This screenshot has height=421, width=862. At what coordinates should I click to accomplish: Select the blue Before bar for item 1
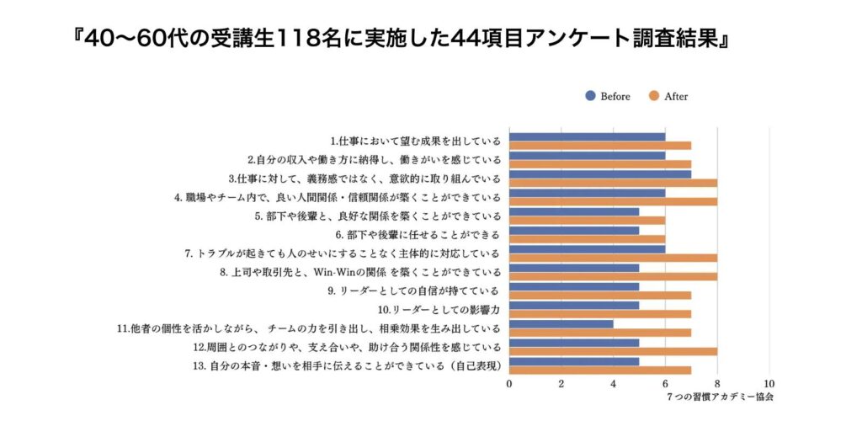pos(587,136)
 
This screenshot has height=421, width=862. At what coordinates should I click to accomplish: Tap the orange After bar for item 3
pos(613,183)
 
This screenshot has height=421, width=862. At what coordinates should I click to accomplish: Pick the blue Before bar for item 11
pos(561,323)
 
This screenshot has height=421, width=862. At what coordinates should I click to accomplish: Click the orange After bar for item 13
pos(600,370)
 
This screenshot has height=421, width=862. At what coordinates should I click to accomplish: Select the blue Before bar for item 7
pos(587,248)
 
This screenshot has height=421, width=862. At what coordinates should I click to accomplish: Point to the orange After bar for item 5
pos(587,221)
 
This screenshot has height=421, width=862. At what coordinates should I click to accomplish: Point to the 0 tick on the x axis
pos(509,384)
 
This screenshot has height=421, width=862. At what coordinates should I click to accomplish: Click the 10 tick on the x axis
pos(769,384)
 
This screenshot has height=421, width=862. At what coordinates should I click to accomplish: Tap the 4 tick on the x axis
pos(614,384)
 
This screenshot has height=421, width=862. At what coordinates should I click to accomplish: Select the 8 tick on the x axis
pos(717,384)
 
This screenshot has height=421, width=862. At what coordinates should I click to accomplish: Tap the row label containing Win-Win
pos(360,272)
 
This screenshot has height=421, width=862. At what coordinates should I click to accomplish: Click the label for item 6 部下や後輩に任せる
pos(418,234)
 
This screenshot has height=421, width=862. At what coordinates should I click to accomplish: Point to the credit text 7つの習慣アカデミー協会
pos(718,396)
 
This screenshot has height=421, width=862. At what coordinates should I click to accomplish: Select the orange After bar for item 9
pos(600,296)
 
